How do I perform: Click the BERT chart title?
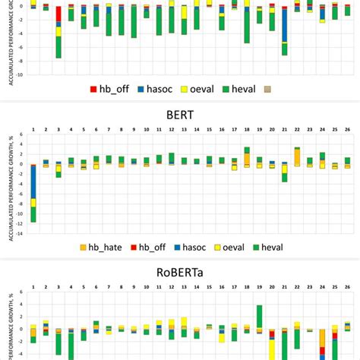point(180,116)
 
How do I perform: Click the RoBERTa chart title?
point(180,269)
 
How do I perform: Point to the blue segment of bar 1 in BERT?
point(33,182)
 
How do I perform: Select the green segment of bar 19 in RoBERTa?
point(260,316)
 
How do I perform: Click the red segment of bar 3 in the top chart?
point(58,14)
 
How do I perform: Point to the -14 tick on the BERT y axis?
point(21,234)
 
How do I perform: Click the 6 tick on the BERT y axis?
point(22,134)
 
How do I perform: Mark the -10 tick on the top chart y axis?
point(21,74)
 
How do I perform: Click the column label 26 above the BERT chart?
point(347,130)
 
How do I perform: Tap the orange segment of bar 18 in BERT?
point(247,159)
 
